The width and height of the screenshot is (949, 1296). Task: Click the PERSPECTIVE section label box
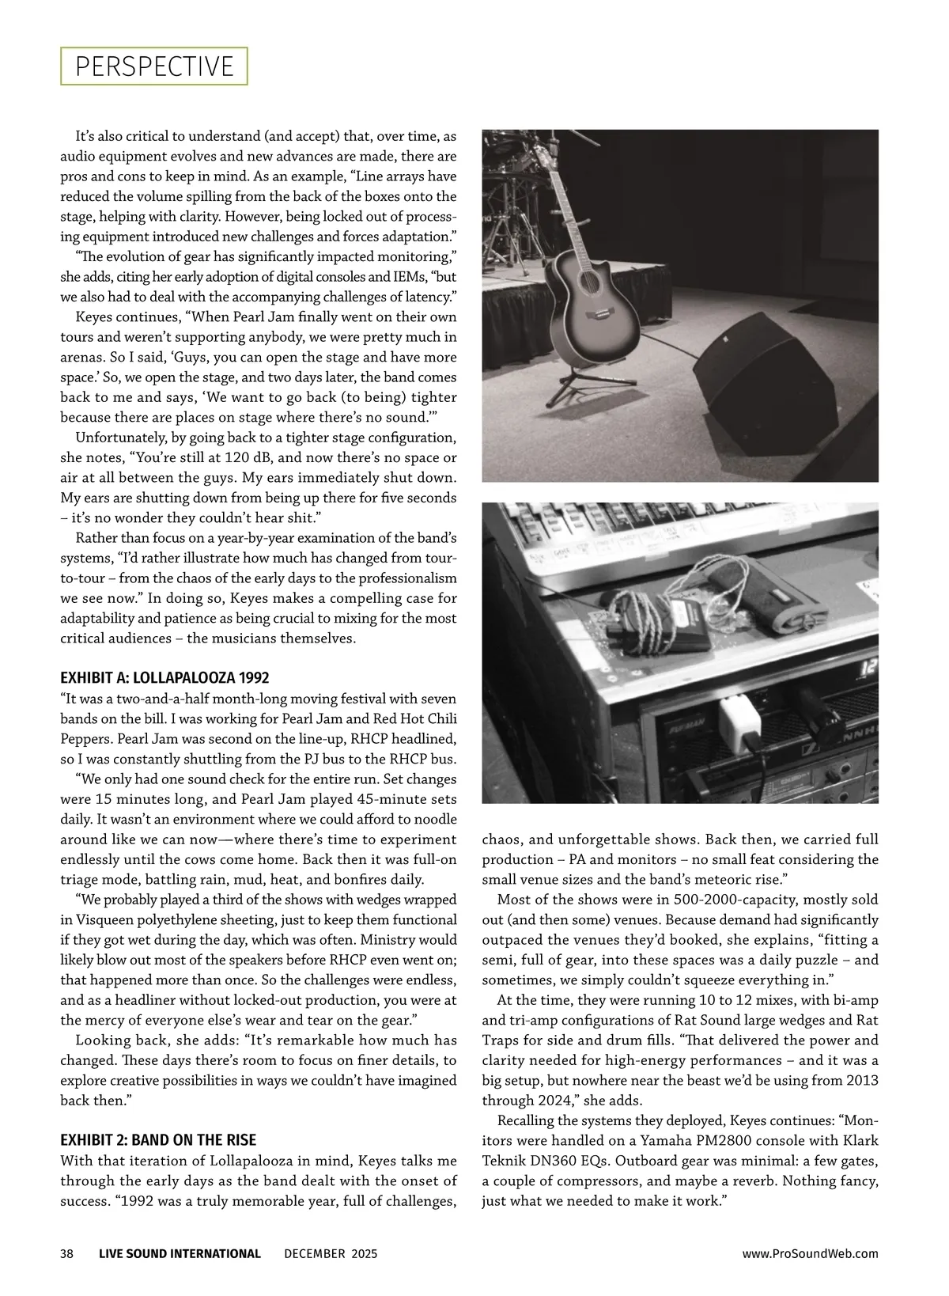tap(154, 66)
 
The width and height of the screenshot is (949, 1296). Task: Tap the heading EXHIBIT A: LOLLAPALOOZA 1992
tap(164, 677)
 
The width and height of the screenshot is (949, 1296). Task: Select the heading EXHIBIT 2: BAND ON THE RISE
tap(158, 1140)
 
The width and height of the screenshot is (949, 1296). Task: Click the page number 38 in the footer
tap(67, 1253)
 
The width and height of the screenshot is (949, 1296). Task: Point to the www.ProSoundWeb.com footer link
tap(810, 1253)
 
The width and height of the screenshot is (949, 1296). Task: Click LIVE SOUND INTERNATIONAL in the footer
tap(180, 1253)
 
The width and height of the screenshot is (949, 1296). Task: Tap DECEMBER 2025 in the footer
tap(331, 1253)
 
